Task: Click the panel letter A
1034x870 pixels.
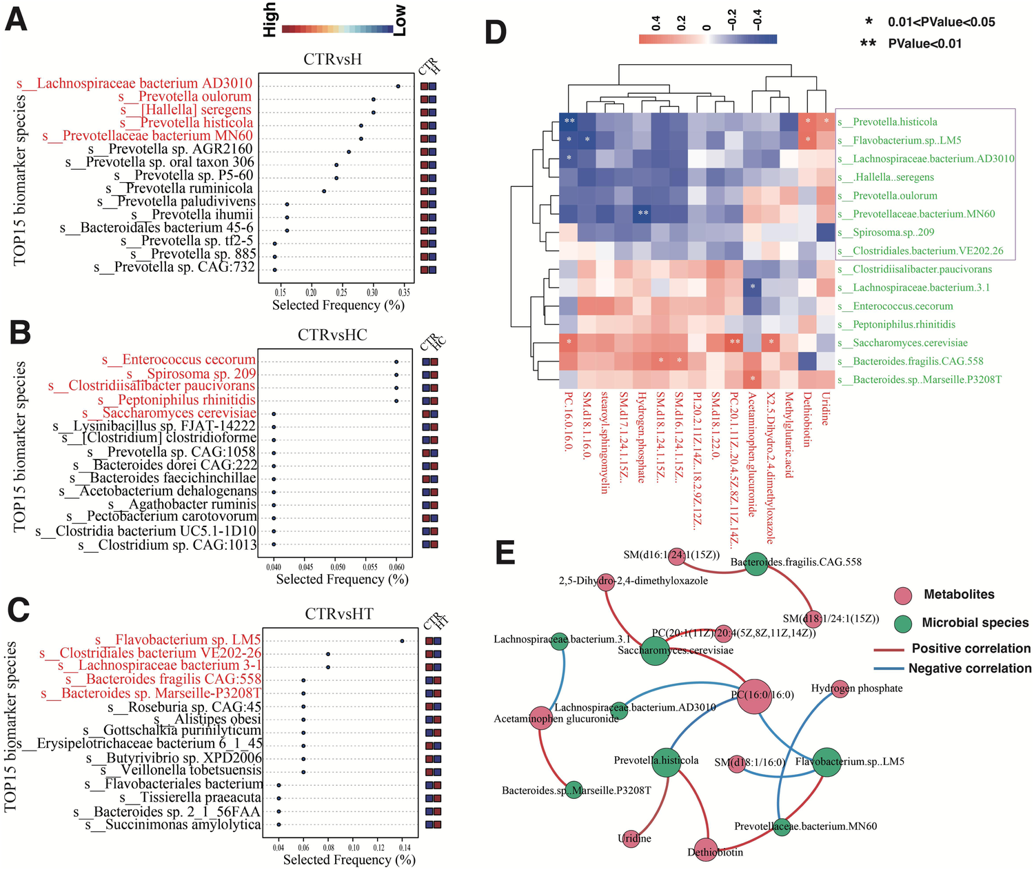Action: (17, 19)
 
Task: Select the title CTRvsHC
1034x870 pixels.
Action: (332, 335)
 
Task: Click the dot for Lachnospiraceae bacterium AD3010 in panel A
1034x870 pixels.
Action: (398, 86)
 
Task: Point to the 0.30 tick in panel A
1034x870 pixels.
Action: (372, 293)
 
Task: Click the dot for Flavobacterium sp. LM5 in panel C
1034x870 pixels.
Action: (402, 641)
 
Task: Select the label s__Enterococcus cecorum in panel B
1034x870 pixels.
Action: (179, 359)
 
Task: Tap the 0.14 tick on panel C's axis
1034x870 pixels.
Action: (404, 847)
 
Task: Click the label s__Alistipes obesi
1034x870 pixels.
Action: (207, 720)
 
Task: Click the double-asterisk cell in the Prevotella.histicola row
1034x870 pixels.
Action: (569, 121)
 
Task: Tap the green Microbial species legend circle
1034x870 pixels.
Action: (903, 624)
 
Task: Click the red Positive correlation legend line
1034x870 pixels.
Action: (889, 649)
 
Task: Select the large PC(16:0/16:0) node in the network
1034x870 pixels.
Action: (754, 695)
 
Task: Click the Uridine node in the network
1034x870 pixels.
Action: (630, 839)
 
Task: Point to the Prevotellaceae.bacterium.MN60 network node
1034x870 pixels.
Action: (781, 826)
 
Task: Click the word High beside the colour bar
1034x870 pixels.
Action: (270, 19)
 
